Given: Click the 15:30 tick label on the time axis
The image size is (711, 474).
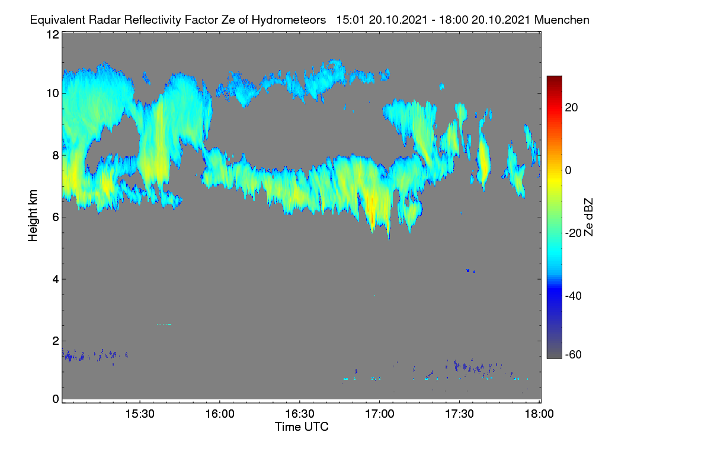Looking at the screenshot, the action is click(x=140, y=414).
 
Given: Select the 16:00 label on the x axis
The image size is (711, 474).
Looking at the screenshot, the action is click(x=220, y=414).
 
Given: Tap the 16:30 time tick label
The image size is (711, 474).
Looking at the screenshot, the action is click(x=300, y=414).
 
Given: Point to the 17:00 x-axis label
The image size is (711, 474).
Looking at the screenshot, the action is click(x=380, y=414).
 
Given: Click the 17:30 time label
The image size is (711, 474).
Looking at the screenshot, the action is click(x=459, y=414).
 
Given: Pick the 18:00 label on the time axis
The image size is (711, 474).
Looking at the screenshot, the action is click(x=539, y=414).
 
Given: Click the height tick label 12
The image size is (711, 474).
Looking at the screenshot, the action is click(x=53, y=34).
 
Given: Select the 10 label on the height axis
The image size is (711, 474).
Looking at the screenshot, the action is click(x=53, y=94).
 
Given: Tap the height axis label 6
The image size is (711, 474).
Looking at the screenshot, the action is click(x=56, y=217).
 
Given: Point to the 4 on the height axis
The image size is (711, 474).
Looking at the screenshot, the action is click(x=56, y=280).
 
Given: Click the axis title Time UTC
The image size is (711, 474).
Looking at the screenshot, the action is click(x=302, y=427).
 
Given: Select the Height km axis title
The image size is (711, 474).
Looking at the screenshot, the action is click(x=33, y=216).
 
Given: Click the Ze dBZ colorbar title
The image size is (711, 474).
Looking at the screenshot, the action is click(x=588, y=217).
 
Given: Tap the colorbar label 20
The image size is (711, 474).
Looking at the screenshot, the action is click(x=571, y=108).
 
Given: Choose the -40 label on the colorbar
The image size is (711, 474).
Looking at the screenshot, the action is click(x=574, y=296).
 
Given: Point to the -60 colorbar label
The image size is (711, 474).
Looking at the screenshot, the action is click(x=574, y=354).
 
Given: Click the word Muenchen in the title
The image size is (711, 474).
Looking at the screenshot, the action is click(x=562, y=20).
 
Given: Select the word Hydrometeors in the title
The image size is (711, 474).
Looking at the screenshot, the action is click(x=289, y=20).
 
